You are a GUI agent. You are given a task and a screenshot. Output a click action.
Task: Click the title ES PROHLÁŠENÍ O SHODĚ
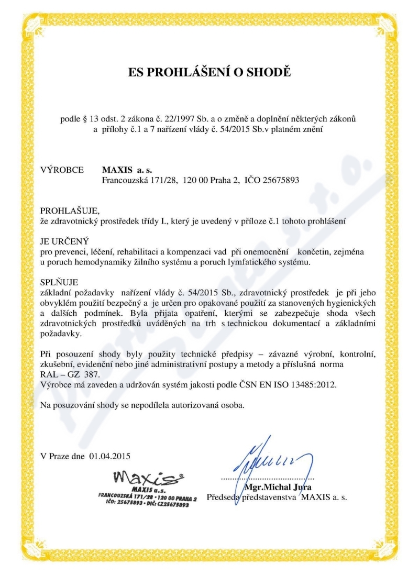(210, 72)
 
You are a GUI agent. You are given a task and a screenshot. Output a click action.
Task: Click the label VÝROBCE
(62, 170)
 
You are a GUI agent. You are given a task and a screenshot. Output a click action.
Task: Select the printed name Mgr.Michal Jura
(285, 488)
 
